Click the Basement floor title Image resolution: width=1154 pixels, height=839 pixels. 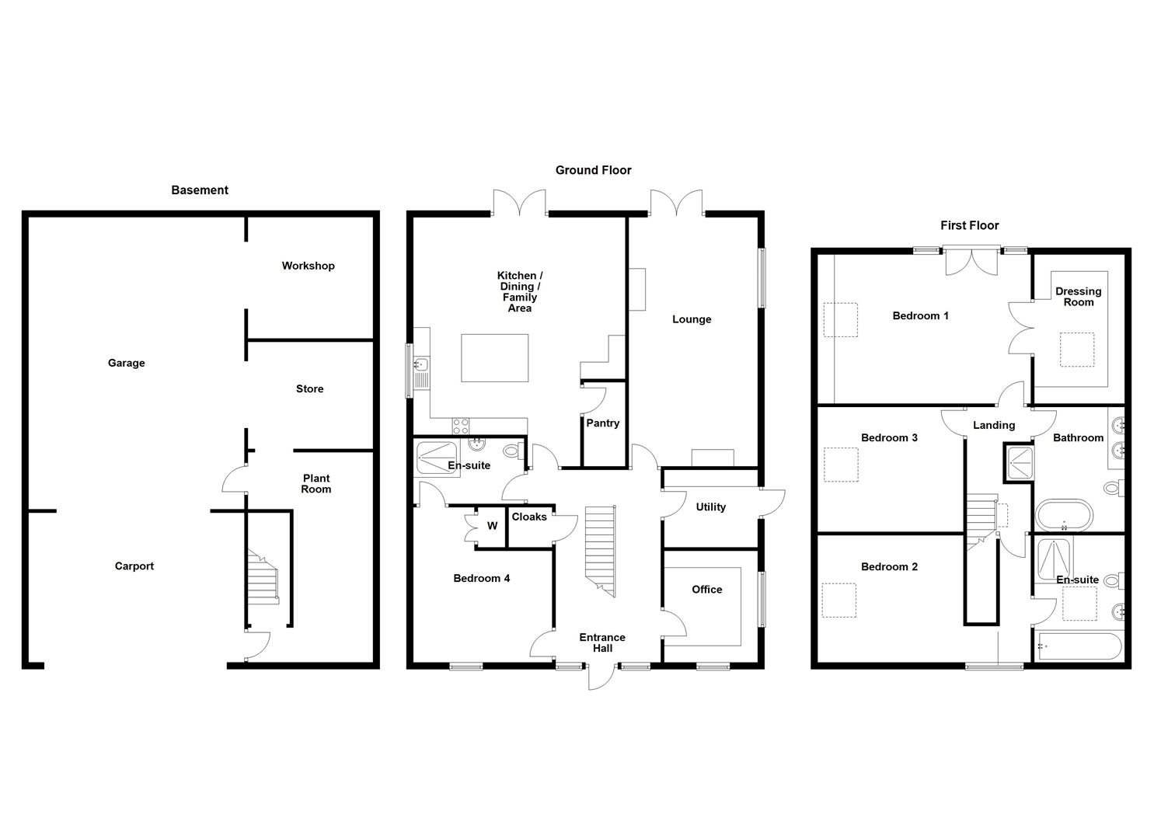(x=200, y=190)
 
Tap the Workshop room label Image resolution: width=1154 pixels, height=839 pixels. (x=308, y=266)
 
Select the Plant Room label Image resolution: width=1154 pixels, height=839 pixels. (x=316, y=483)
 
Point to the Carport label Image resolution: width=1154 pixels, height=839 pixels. (x=134, y=566)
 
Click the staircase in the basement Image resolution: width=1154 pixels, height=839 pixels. (x=263, y=577)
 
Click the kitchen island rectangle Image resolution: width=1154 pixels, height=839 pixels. (x=494, y=357)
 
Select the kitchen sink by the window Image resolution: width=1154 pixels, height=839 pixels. (x=420, y=364)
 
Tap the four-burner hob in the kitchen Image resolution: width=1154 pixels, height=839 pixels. (x=461, y=426)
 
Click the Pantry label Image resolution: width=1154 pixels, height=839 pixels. (x=603, y=423)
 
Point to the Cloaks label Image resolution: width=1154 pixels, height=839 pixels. (x=529, y=517)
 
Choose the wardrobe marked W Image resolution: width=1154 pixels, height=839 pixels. (x=492, y=526)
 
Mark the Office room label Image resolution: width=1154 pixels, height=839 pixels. (x=706, y=590)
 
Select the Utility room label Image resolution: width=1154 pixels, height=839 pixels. (x=710, y=507)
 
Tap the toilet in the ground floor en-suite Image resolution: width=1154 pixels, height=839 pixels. (x=512, y=451)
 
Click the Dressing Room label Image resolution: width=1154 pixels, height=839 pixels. (x=1078, y=297)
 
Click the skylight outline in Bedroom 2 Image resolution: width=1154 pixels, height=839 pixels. (x=838, y=600)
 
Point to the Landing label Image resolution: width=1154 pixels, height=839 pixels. (x=994, y=426)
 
